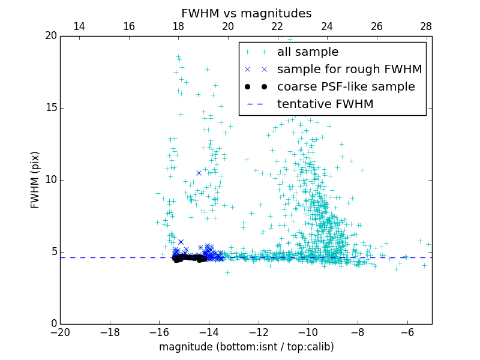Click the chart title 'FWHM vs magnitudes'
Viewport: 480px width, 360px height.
246,13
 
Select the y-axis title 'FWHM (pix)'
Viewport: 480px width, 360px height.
35,180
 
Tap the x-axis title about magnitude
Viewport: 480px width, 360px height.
246,347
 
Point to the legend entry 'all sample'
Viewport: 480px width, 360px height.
307,52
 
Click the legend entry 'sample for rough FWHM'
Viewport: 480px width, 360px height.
349,70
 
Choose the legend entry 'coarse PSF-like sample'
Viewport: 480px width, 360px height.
346,87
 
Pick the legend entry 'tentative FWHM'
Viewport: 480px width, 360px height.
325,104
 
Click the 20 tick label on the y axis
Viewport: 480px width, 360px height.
50,36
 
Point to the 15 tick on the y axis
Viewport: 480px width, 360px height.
50,108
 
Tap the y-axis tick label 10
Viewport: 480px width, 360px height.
50,180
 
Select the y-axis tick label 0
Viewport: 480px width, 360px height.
53,324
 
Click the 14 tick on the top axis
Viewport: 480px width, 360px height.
79,27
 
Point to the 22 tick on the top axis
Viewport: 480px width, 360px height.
277,27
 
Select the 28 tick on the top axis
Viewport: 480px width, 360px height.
426,27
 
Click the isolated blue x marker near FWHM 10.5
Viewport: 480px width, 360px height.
199,173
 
